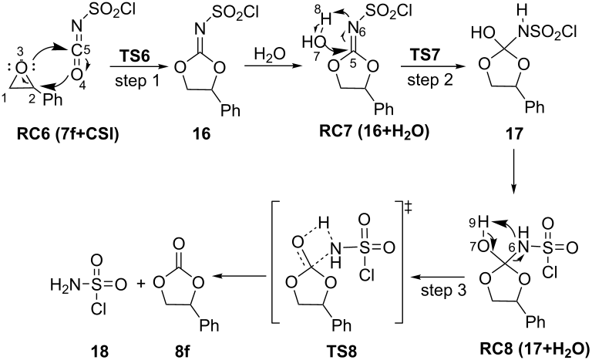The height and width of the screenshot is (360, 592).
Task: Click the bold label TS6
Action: [x=135, y=56]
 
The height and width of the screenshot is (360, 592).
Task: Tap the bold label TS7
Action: [x=425, y=56]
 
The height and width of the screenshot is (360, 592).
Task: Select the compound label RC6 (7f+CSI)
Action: [x=68, y=134]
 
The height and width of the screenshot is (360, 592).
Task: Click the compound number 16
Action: [x=201, y=133]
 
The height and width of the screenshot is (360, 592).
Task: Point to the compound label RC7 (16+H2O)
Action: [x=374, y=132]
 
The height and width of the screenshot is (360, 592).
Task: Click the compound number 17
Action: [x=514, y=133]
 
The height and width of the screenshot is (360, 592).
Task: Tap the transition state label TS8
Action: [x=341, y=351]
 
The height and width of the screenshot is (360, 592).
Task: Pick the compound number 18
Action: [x=99, y=352]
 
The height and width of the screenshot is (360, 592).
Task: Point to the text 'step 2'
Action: [x=430, y=80]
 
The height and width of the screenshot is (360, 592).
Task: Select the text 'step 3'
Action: [x=444, y=290]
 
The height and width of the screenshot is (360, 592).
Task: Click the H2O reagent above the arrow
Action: [x=270, y=55]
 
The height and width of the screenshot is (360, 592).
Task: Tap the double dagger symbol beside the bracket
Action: [x=409, y=209]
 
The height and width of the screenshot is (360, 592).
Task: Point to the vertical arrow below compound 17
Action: [x=513, y=170]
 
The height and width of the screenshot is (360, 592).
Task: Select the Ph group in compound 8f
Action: [x=209, y=325]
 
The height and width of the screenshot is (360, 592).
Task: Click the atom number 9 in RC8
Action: [x=472, y=223]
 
